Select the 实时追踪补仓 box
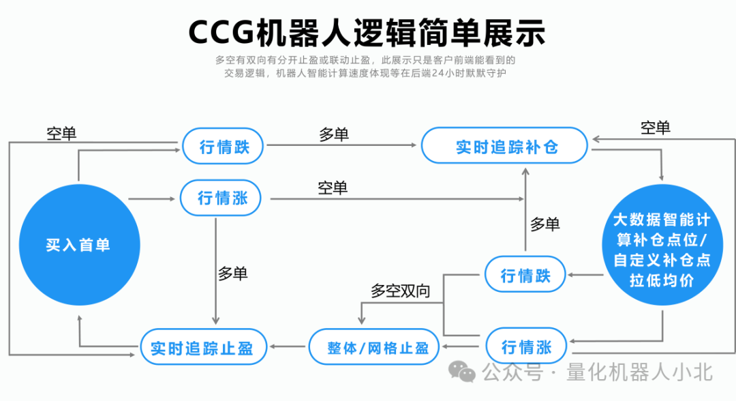[504, 146]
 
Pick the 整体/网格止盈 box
[378, 348]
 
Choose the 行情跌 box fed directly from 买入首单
[224, 146]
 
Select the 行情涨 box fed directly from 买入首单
[223, 198]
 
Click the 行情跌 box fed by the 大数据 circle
[525, 276]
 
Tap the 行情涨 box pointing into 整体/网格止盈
[525, 346]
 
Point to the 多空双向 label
[401, 291]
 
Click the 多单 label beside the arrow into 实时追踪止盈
[233, 273]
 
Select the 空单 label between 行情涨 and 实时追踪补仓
[333, 188]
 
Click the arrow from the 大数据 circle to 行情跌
[586, 276]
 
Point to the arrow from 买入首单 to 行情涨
[151, 198]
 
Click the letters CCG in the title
[220, 31]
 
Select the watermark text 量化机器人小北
[639, 372]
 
